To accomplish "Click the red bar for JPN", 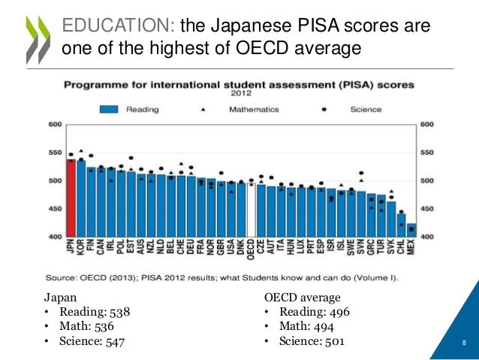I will (71, 198).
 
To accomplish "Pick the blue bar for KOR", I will (81, 199).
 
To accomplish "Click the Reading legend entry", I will (131, 110).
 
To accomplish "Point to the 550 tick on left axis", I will (55, 153).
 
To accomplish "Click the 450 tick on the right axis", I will (426, 209).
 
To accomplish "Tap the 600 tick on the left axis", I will (55, 124).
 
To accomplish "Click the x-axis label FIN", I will (91, 248).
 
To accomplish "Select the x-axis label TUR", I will (381, 248).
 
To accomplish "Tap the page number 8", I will (464, 345).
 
